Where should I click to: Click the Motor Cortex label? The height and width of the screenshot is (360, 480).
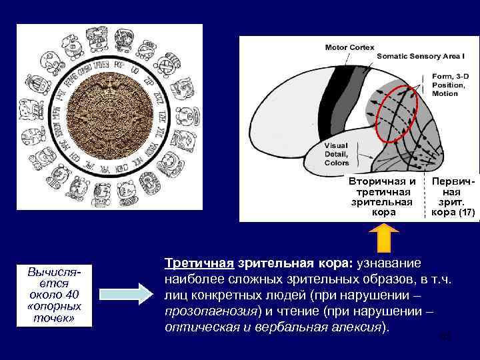(349, 47)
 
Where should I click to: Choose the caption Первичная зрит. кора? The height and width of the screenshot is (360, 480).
(453, 197)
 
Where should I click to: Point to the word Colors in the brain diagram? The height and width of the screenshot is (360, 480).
(337, 163)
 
